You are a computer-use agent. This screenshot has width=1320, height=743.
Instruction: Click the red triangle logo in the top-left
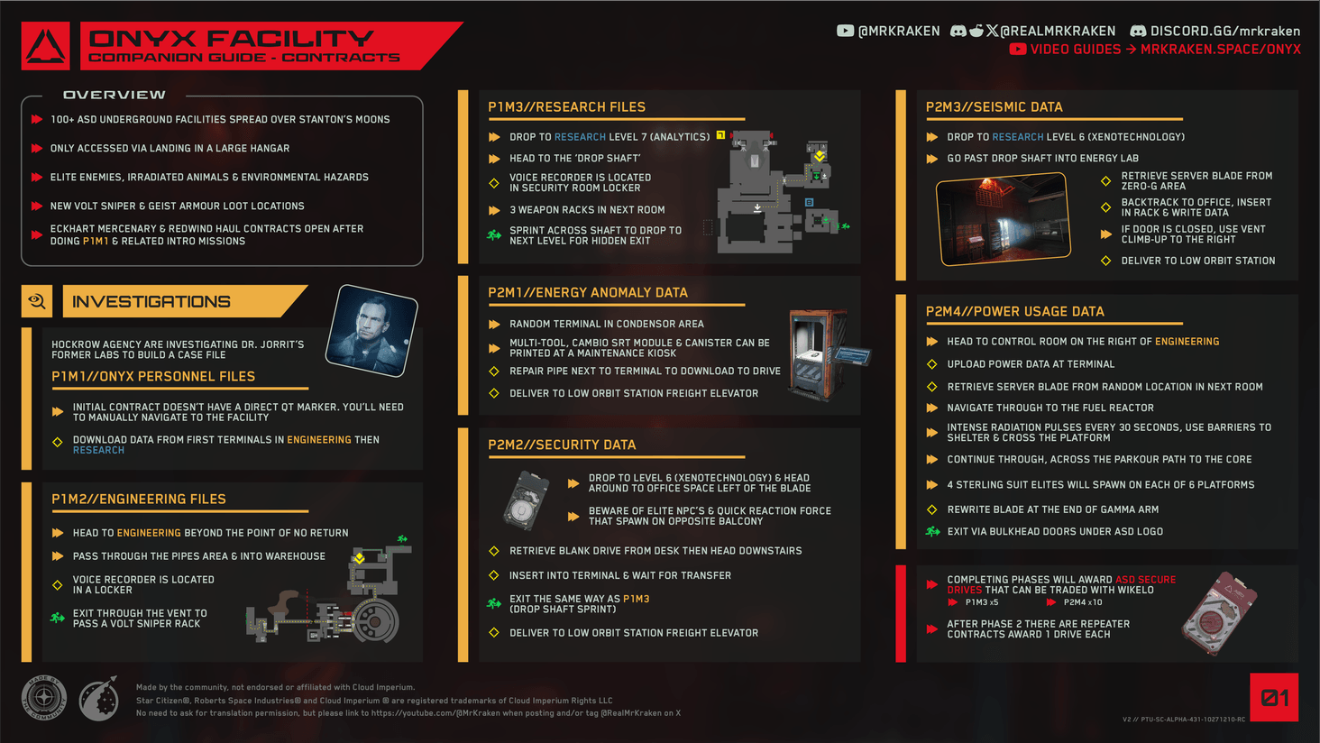45,46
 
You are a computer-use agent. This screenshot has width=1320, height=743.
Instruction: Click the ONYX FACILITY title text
232,39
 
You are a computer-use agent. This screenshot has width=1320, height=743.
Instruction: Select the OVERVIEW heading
115,95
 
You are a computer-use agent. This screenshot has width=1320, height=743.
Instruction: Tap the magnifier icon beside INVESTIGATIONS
37,301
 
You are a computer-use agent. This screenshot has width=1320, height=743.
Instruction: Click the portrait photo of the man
371,330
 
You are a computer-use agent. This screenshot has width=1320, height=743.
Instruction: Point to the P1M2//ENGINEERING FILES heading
139,499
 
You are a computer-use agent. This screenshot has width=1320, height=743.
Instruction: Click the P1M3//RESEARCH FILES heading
566,107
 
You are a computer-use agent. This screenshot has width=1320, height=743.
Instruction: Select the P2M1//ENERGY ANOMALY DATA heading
587,292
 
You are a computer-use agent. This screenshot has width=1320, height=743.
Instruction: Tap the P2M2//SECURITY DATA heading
561,445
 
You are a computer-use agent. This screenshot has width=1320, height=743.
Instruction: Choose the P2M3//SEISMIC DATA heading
994,107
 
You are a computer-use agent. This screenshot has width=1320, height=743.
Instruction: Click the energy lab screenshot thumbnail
1003,219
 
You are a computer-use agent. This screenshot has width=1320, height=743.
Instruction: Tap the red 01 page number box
1273,697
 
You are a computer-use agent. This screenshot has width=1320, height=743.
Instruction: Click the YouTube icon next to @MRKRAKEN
845,31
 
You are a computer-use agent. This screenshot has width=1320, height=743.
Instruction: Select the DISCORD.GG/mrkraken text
1224,31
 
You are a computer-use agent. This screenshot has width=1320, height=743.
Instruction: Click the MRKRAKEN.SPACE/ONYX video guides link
1220,50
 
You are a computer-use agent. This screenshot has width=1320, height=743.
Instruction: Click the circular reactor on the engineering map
375,620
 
